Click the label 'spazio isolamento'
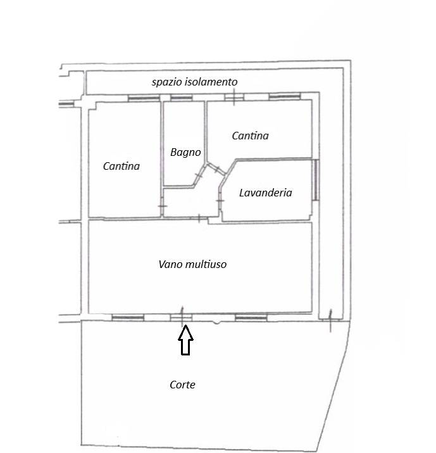click(195, 82)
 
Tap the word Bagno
click(185, 153)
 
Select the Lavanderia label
click(266, 193)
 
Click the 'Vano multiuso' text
click(192, 264)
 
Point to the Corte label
click(182, 385)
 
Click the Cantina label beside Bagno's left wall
click(121, 166)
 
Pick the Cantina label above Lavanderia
click(250, 136)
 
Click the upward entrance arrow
click(185, 340)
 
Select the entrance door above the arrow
click(181, 317)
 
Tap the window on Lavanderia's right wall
click(316, 180)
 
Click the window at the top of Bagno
click(182, 98)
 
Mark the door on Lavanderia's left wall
click(220, 200)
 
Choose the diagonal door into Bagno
click(199, 175)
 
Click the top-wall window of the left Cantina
click(144, 98)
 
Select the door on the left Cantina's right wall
click(162, 206)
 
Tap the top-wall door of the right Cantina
click(234, 97)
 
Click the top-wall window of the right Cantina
click(285, 96)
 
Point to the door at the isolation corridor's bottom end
click(331, 319)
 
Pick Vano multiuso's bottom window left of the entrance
click(128, 318)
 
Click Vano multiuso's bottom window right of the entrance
click(251, 318)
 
